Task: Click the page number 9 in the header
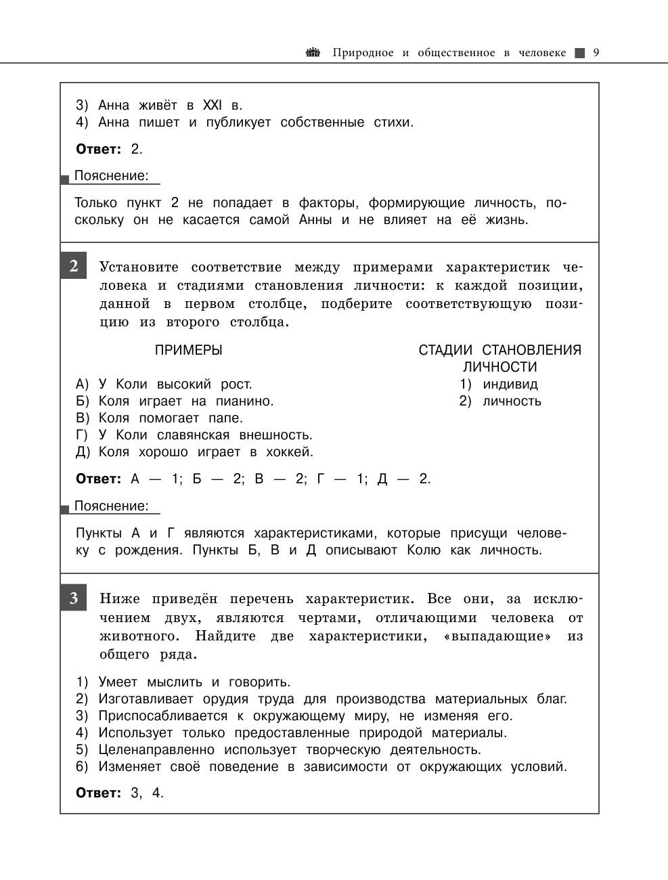tap(596, 53)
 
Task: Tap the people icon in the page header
tap(313, 52)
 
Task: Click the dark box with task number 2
tap(73, 266)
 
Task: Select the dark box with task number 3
tap(73, 598)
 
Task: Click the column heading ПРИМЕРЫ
tap(189, 350)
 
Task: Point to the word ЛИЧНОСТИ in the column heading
tap(500, 367)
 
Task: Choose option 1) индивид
tap(499, 384)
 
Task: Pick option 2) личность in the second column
tap(501, 401)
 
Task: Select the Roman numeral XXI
tap(211, 105)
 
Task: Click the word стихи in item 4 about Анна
tap(393, 122)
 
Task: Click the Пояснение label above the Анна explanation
tap(111, 175)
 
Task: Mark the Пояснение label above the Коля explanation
tap(111, 506)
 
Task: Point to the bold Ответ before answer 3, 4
tap(98, 793)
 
